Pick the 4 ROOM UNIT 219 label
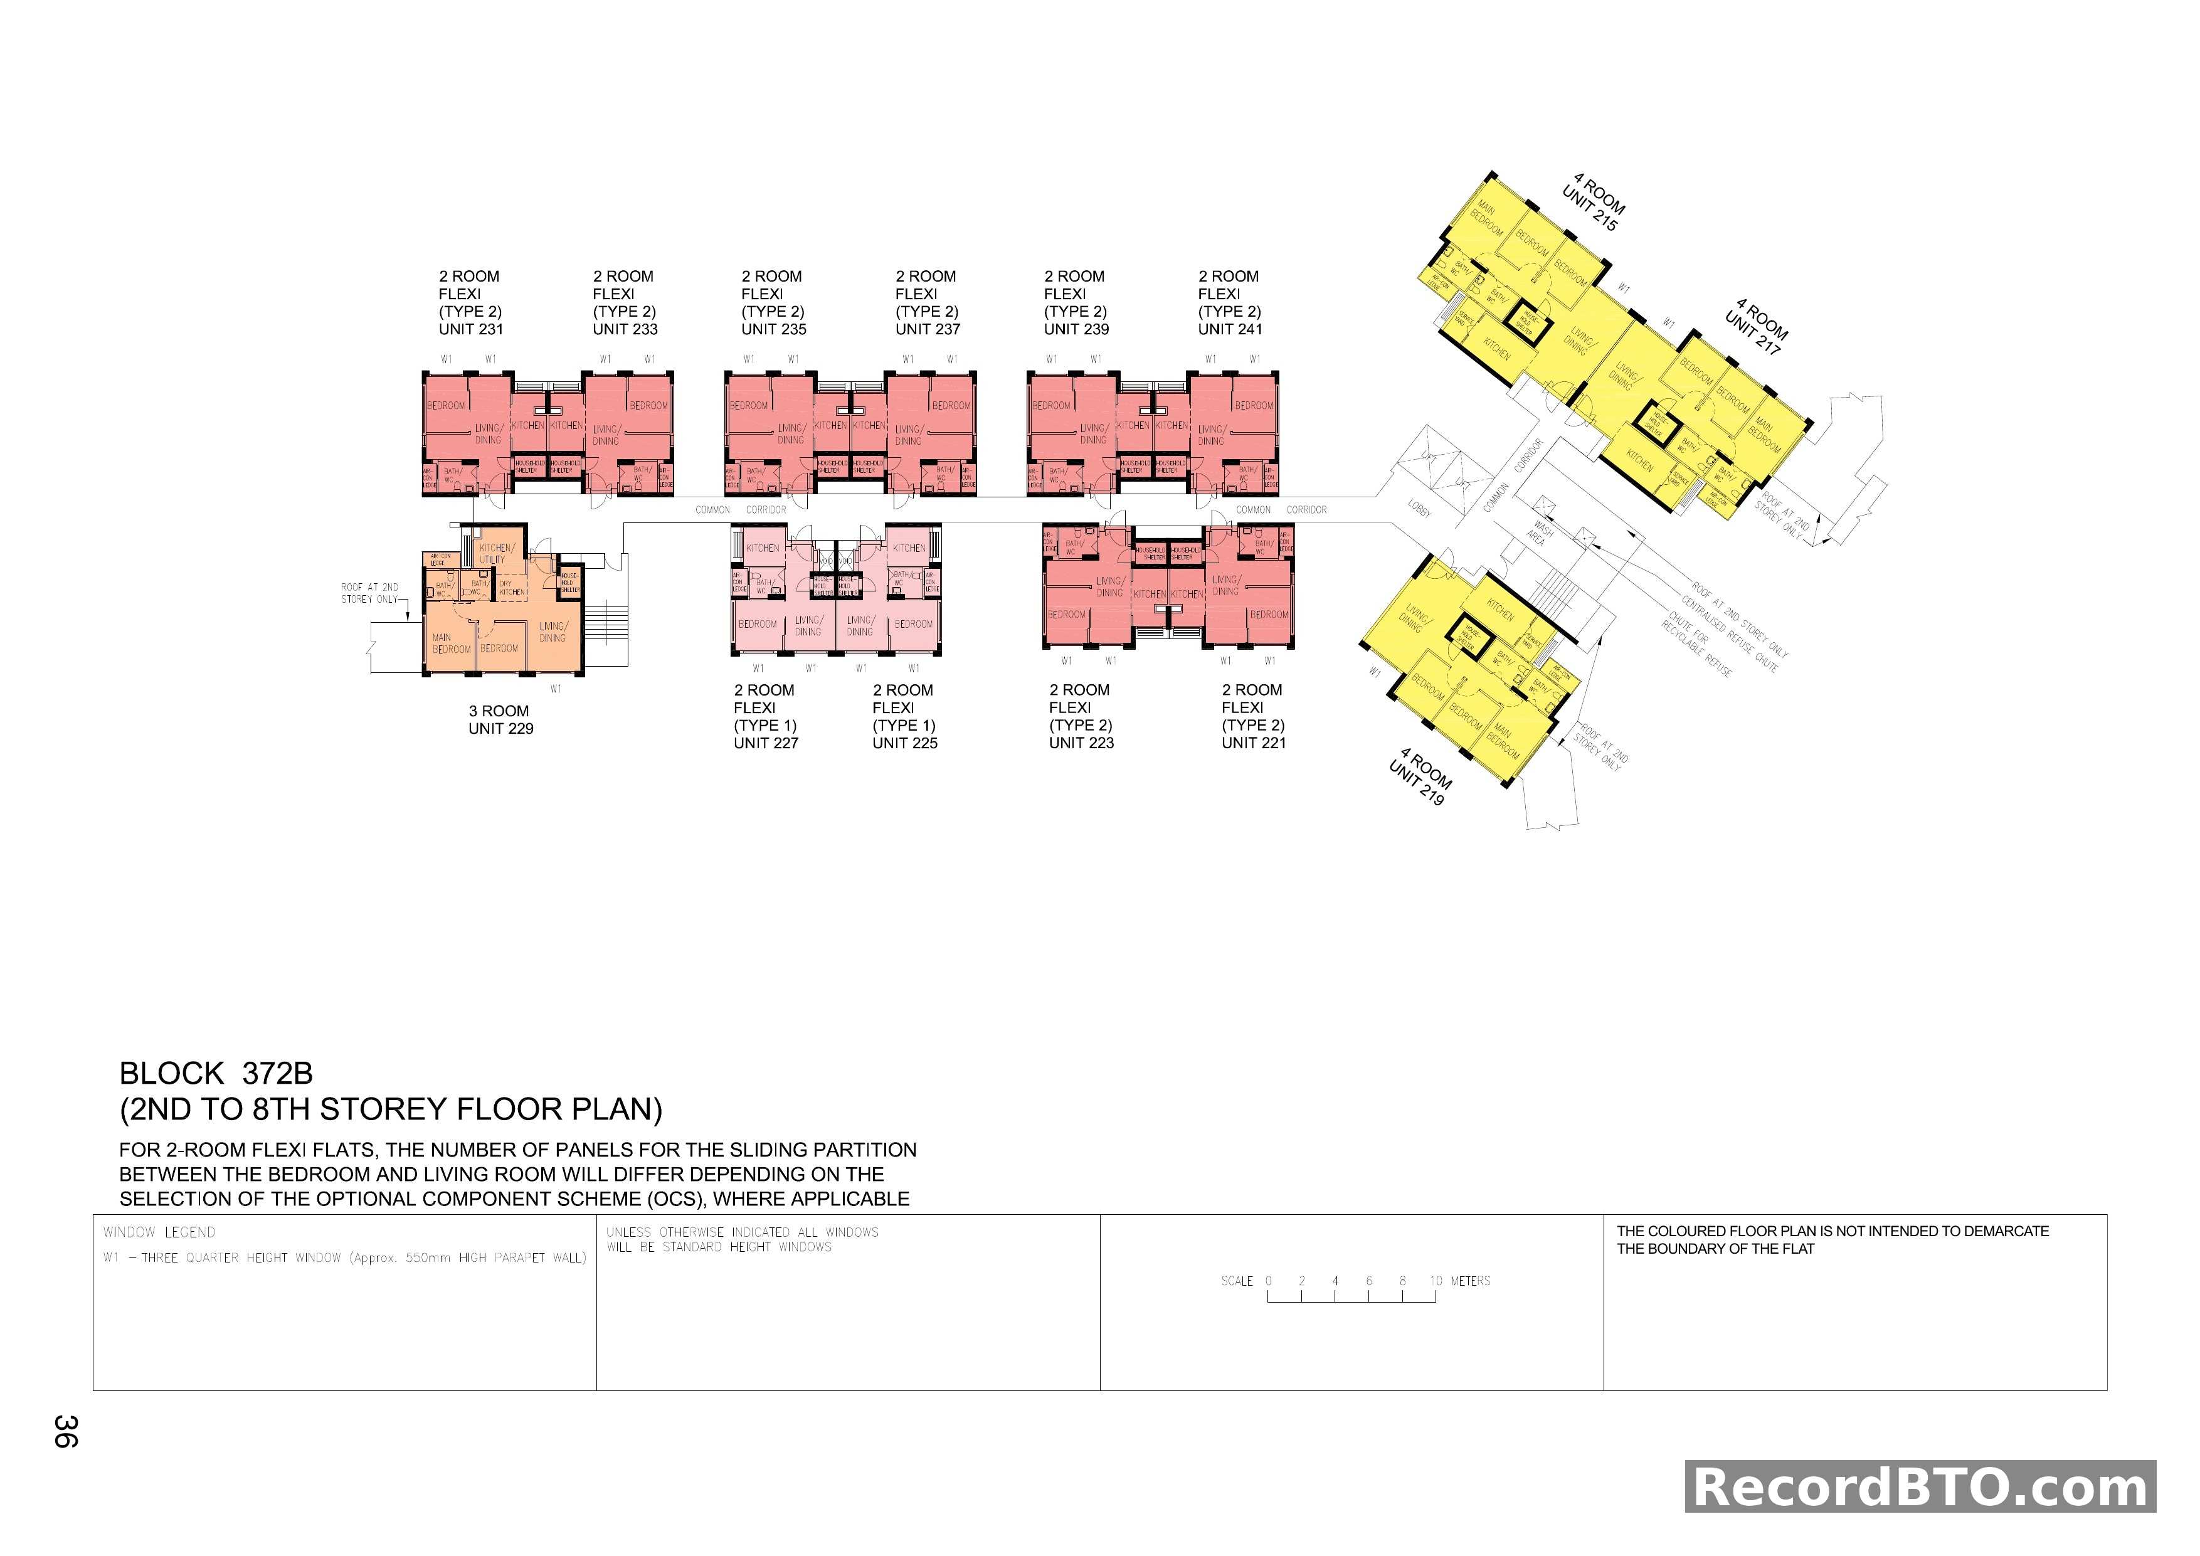pyautogui.click(x=1420, y=776)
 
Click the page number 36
pyautogui.click(x=65, y=1431)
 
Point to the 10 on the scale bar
pyautogui.click(x=1436, y=1281)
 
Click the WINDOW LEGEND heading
pyautogui.click(x=159, y=1232)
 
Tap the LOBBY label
pyautogui.click(x=1419, y=509)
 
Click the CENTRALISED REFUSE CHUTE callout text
pyautogui.click(x=1730, y=633)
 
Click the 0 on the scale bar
pyautogui.click(x=1269, y=1281)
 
